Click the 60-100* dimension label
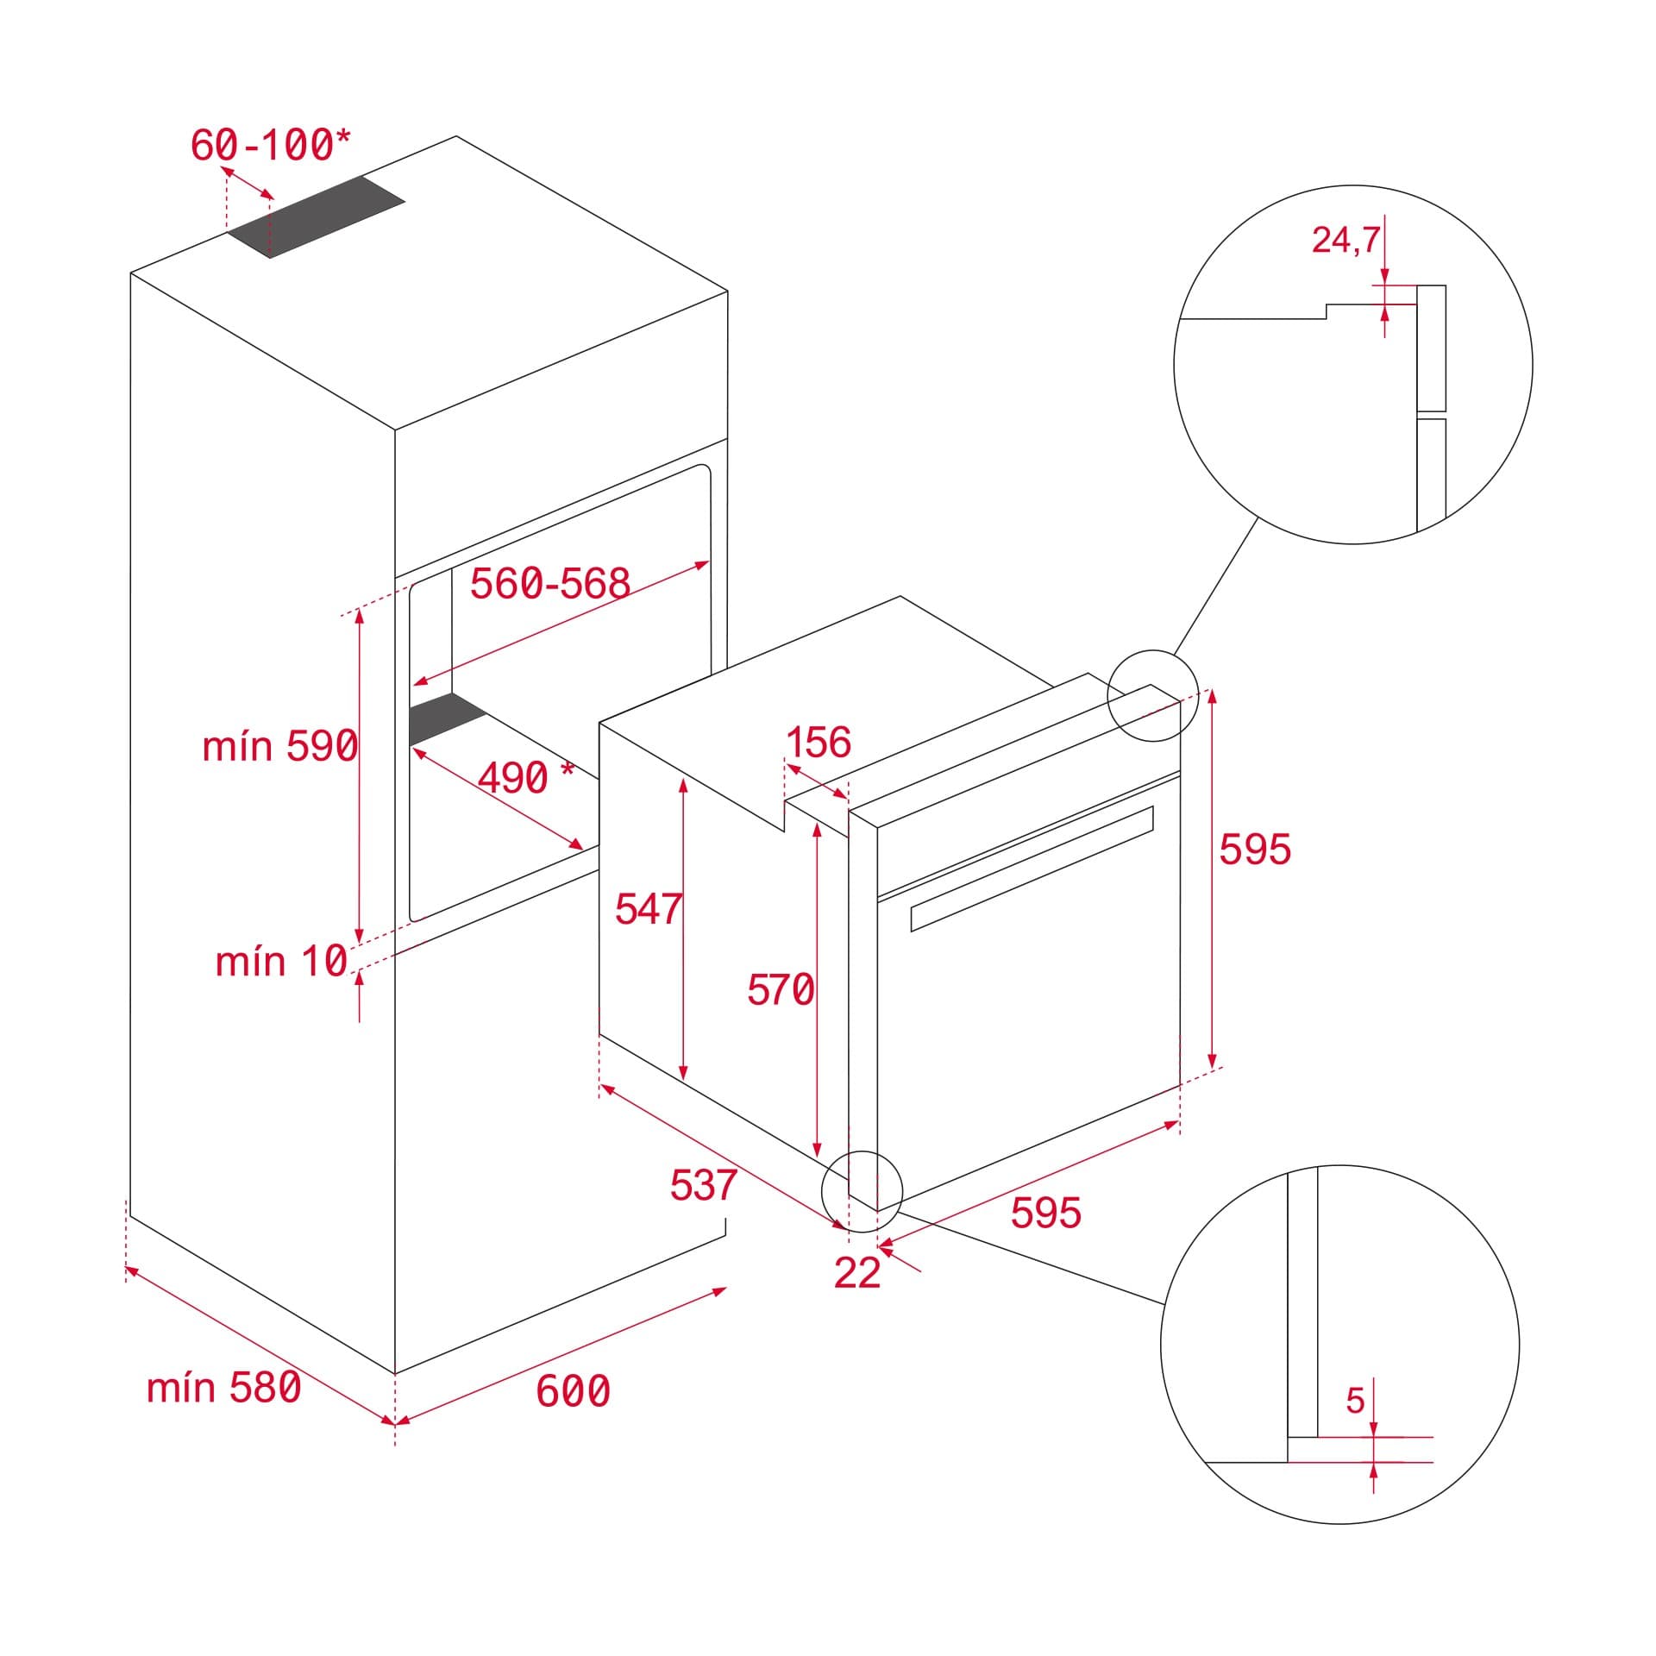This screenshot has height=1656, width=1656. tap(271, 145)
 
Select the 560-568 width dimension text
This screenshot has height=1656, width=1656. tap(549, 584)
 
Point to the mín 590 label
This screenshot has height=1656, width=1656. tap(279, 746)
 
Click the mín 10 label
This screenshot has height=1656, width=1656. tap(281, 961)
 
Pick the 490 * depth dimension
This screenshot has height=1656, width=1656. tap(524, 778)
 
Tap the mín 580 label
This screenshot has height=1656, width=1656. tap(223, 1388)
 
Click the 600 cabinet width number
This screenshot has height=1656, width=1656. tap(573, 1390)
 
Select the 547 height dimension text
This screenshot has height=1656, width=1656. tap(648, 909)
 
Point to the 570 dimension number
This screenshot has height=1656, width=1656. tap(780, 989)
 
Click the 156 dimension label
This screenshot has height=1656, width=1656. tap(818, 742)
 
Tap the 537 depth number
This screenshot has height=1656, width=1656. tap(703, 1185)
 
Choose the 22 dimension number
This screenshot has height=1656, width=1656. tap(856, 1272)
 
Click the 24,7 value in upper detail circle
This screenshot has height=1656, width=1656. tap(1345, 240)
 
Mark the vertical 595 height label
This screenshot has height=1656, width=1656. tap(1254, 849)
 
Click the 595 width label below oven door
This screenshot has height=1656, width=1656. tap(1045, 1213)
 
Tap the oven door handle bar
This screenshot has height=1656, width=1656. tap(1032, 869)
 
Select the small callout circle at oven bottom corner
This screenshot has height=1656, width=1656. tap(862, 1191)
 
